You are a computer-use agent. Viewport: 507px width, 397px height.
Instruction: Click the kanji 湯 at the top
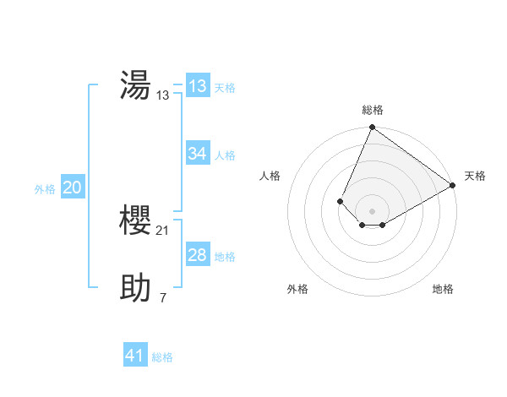[x=135, y=85]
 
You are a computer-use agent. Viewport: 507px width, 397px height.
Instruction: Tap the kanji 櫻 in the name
[x=135, y=220]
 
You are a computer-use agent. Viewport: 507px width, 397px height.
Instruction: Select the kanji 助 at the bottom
[x=135, y=288]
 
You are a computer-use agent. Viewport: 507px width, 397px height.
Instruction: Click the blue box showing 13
[x=197, y=86]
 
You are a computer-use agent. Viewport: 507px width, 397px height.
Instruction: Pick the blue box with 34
[x=197, y=154]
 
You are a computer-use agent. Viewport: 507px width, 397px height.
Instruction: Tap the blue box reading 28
[x=197, y=255]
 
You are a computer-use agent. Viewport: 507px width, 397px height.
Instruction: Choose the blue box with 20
[x=72, y=188]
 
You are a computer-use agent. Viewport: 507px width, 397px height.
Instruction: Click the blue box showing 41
[x=134, y=356]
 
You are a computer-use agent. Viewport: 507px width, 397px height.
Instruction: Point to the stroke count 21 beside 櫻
[x=163, y=231]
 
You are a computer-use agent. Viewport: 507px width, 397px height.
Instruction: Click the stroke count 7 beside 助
[x=163, y=298]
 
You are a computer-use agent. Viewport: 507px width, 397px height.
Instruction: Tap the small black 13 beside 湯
[x=163, y=95]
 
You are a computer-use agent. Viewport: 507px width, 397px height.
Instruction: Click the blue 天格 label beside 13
[x=225, y=88]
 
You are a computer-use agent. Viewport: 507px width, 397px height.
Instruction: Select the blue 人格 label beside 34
[x=225, y=155]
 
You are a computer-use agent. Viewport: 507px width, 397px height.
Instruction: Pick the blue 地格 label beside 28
[x=225, y=257]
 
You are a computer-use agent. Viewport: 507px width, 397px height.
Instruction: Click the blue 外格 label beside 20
[x=45, y=189]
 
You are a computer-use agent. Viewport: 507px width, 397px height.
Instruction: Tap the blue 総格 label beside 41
[x=162, y=357]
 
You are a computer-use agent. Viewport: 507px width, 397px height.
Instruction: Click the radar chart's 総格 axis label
[x=372, y=110]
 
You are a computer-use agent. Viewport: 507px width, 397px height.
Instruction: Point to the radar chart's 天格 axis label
[x=475, y=176]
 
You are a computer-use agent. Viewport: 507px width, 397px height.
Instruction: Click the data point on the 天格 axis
[x=453, y=185]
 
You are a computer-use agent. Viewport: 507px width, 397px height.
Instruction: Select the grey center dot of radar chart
[x=372, y=210]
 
